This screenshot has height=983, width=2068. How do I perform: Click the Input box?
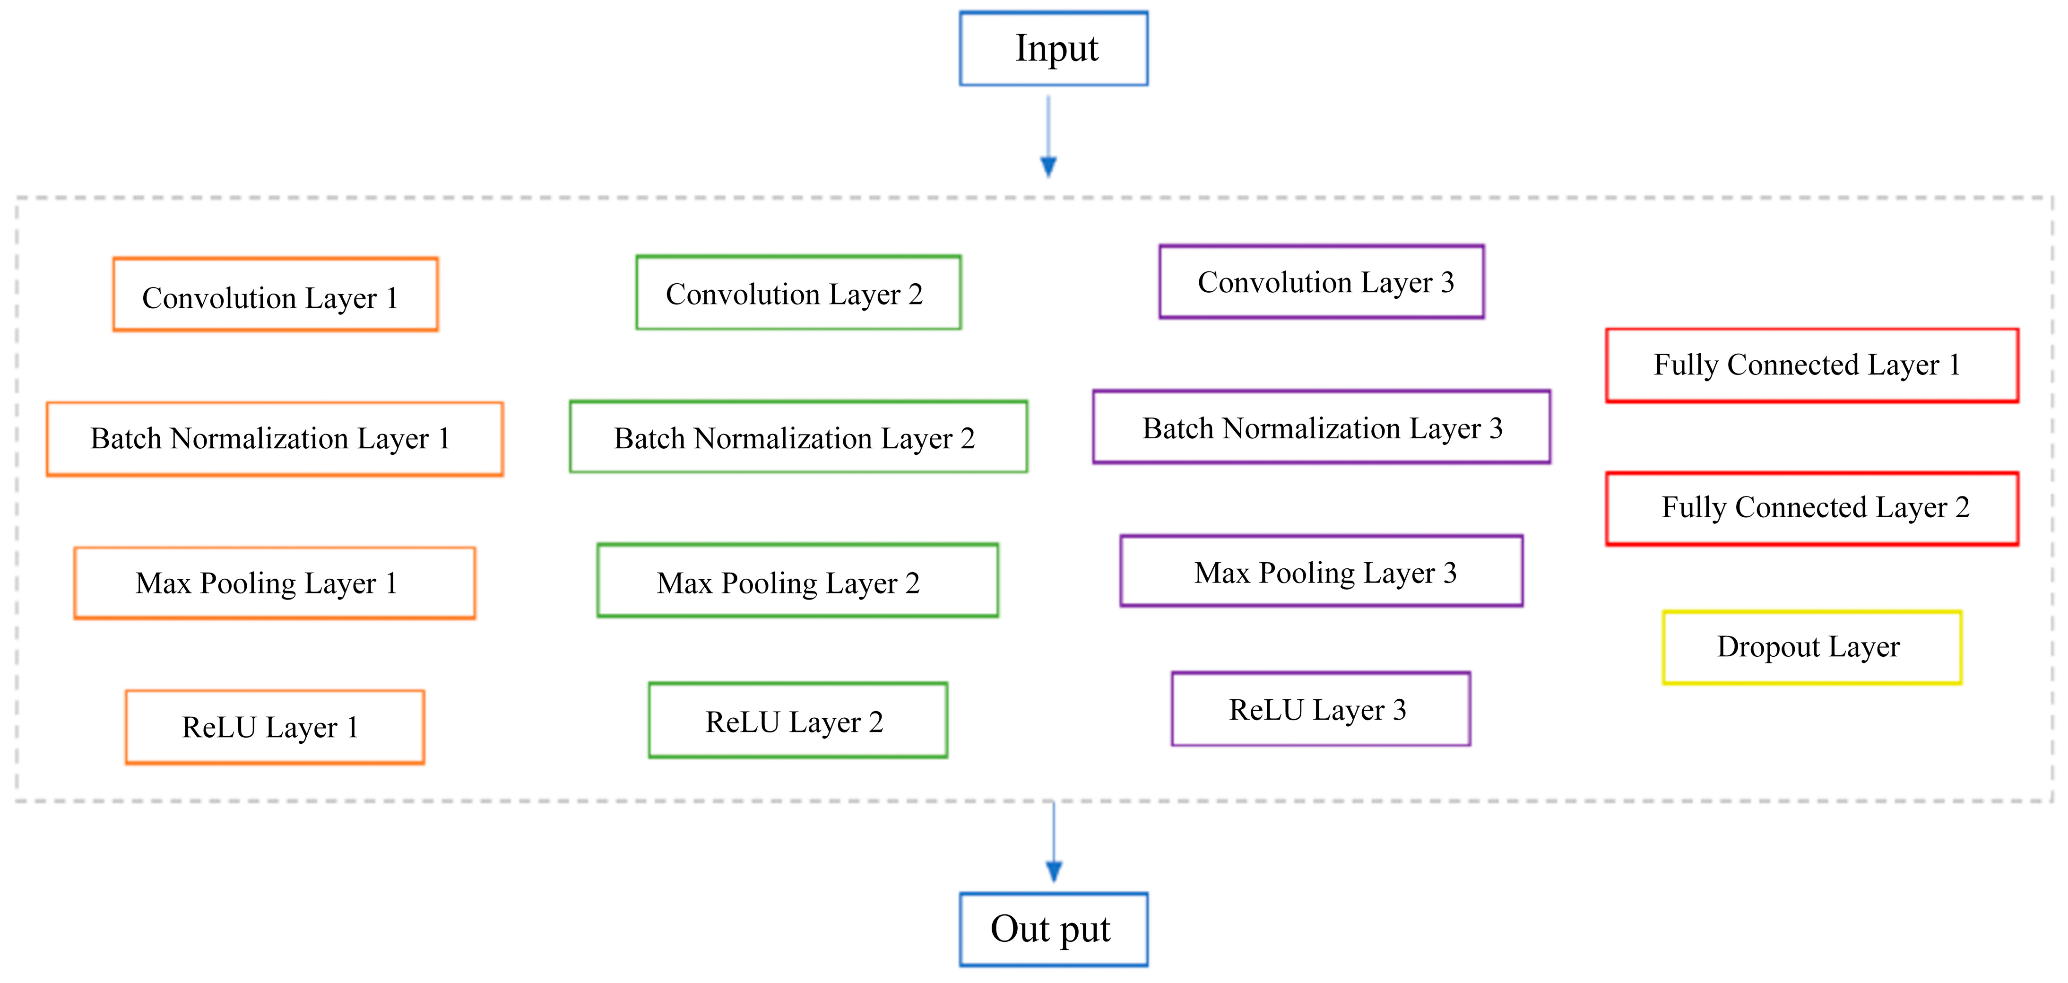1053,48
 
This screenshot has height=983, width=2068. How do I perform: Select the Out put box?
1053,929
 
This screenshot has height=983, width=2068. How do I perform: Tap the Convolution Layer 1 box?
276,295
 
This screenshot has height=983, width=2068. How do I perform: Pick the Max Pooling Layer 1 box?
275,583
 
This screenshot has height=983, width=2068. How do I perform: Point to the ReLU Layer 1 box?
275,727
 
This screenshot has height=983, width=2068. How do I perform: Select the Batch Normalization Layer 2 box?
798,437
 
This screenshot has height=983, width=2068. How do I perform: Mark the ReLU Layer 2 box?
798,721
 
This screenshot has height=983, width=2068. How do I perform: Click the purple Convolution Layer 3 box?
1322,282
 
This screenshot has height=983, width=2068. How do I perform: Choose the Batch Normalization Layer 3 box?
1322,427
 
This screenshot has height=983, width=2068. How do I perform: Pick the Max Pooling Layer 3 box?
1322,571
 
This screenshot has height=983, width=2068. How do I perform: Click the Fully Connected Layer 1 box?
1812,365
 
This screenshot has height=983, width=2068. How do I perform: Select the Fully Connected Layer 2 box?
1812,508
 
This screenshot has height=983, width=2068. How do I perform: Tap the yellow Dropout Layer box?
1812,647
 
